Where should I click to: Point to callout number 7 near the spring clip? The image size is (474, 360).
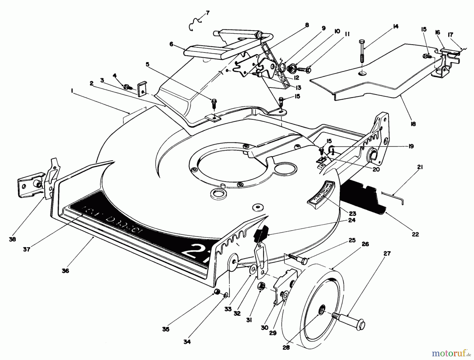click(208, 13)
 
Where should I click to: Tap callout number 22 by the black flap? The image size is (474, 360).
click(415, 234)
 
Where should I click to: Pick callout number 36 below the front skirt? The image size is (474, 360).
click(65, 271)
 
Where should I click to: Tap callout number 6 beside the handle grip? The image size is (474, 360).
click(171, 44)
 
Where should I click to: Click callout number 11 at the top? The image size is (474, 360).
click(347, 34)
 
